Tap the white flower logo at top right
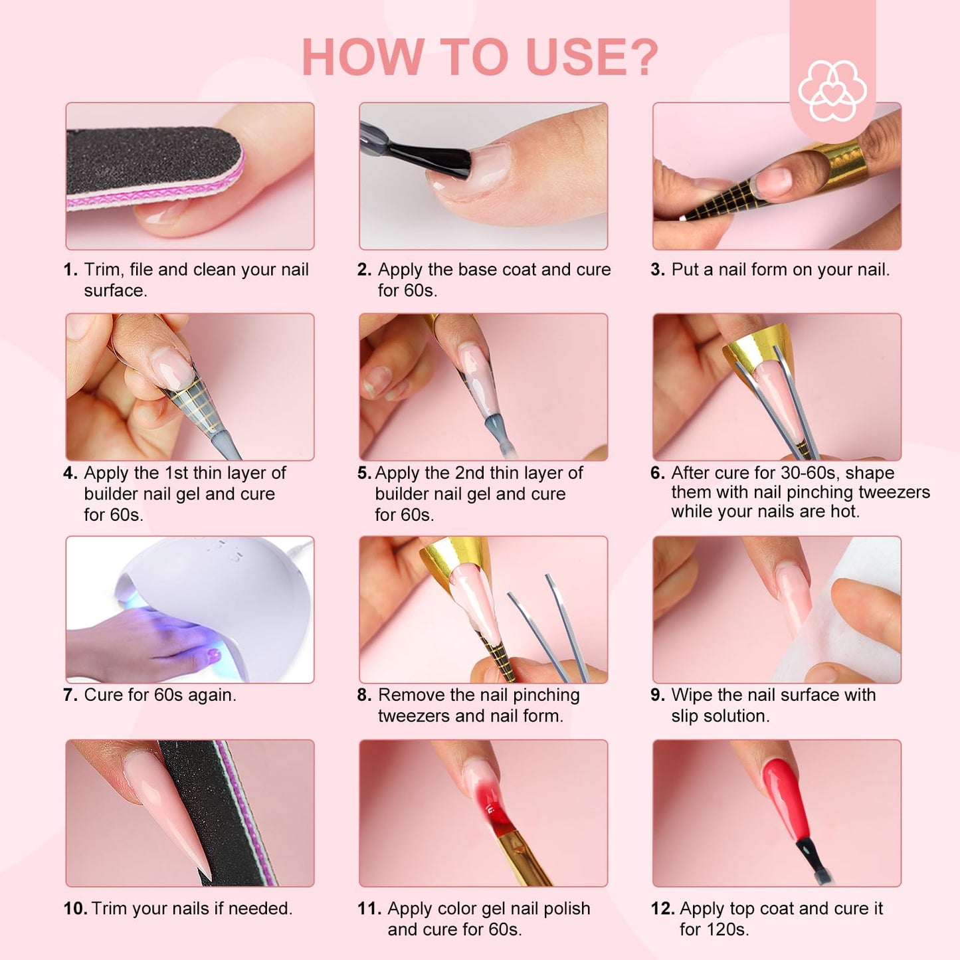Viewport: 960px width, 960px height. [832, 90]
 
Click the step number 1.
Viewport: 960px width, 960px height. [70, 270]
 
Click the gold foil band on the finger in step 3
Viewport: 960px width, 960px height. [841, 159]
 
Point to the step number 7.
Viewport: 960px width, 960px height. [70, 694]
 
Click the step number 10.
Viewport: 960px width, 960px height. [75, 908]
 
